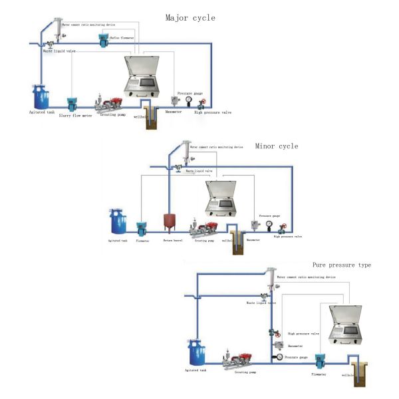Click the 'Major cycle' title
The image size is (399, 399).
(190, 17)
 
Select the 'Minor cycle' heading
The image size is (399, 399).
(277, 146)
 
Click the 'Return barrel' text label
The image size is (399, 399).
(173, 241)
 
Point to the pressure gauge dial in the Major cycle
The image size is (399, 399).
(189, 100)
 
